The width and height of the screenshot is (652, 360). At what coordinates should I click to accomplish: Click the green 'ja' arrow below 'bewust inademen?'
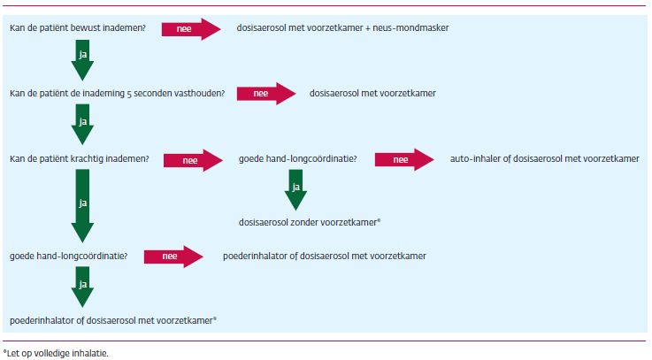pos(81,60)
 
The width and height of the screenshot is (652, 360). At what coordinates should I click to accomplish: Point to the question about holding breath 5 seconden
pos(117,93)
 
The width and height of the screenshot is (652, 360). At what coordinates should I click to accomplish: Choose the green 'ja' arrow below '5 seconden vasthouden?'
pos(81,125)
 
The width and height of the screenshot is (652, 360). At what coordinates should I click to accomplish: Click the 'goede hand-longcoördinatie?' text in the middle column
pos(298,160)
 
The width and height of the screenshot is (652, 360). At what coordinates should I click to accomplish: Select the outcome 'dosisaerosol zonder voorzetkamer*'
pos(310,222)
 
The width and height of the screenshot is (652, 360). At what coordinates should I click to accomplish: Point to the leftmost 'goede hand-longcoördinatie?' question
pos(68,257)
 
